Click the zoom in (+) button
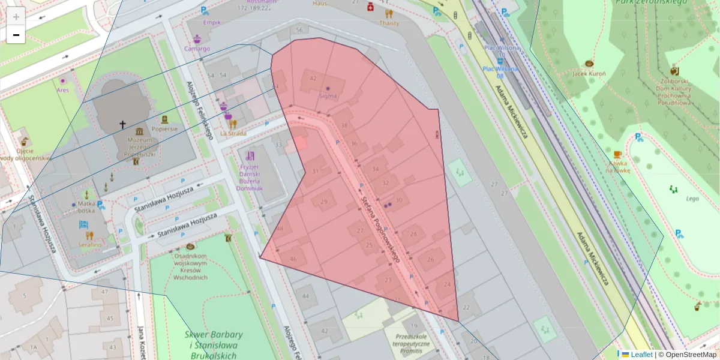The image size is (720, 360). (16, 16)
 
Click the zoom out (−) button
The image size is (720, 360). (16, 35)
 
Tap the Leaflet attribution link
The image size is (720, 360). (641, 355)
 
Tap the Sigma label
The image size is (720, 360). (328, 96)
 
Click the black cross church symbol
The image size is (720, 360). (122, 125)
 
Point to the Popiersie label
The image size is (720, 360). (164, 128)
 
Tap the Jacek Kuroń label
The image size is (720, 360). (589, 73)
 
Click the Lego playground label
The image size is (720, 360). (676, 198)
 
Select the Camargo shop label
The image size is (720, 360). (197, 49)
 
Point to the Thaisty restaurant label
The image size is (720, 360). (389, 23)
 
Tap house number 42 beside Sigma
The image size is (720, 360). (313, 78)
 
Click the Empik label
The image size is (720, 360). (212, 22)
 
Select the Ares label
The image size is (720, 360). (62, 90)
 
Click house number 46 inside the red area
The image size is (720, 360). (293, 259)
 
